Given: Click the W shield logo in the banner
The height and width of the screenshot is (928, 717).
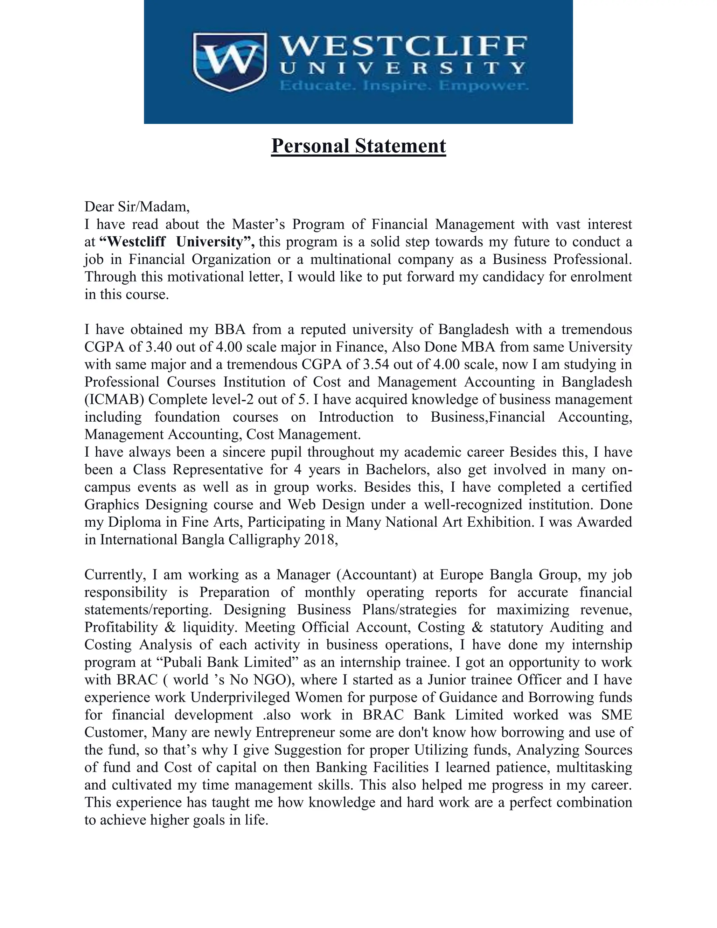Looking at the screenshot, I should pos(230,62).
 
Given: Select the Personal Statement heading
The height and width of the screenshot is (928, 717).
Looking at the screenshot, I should pos(358,146).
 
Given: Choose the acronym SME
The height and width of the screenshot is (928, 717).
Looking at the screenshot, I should pos(616,715).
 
